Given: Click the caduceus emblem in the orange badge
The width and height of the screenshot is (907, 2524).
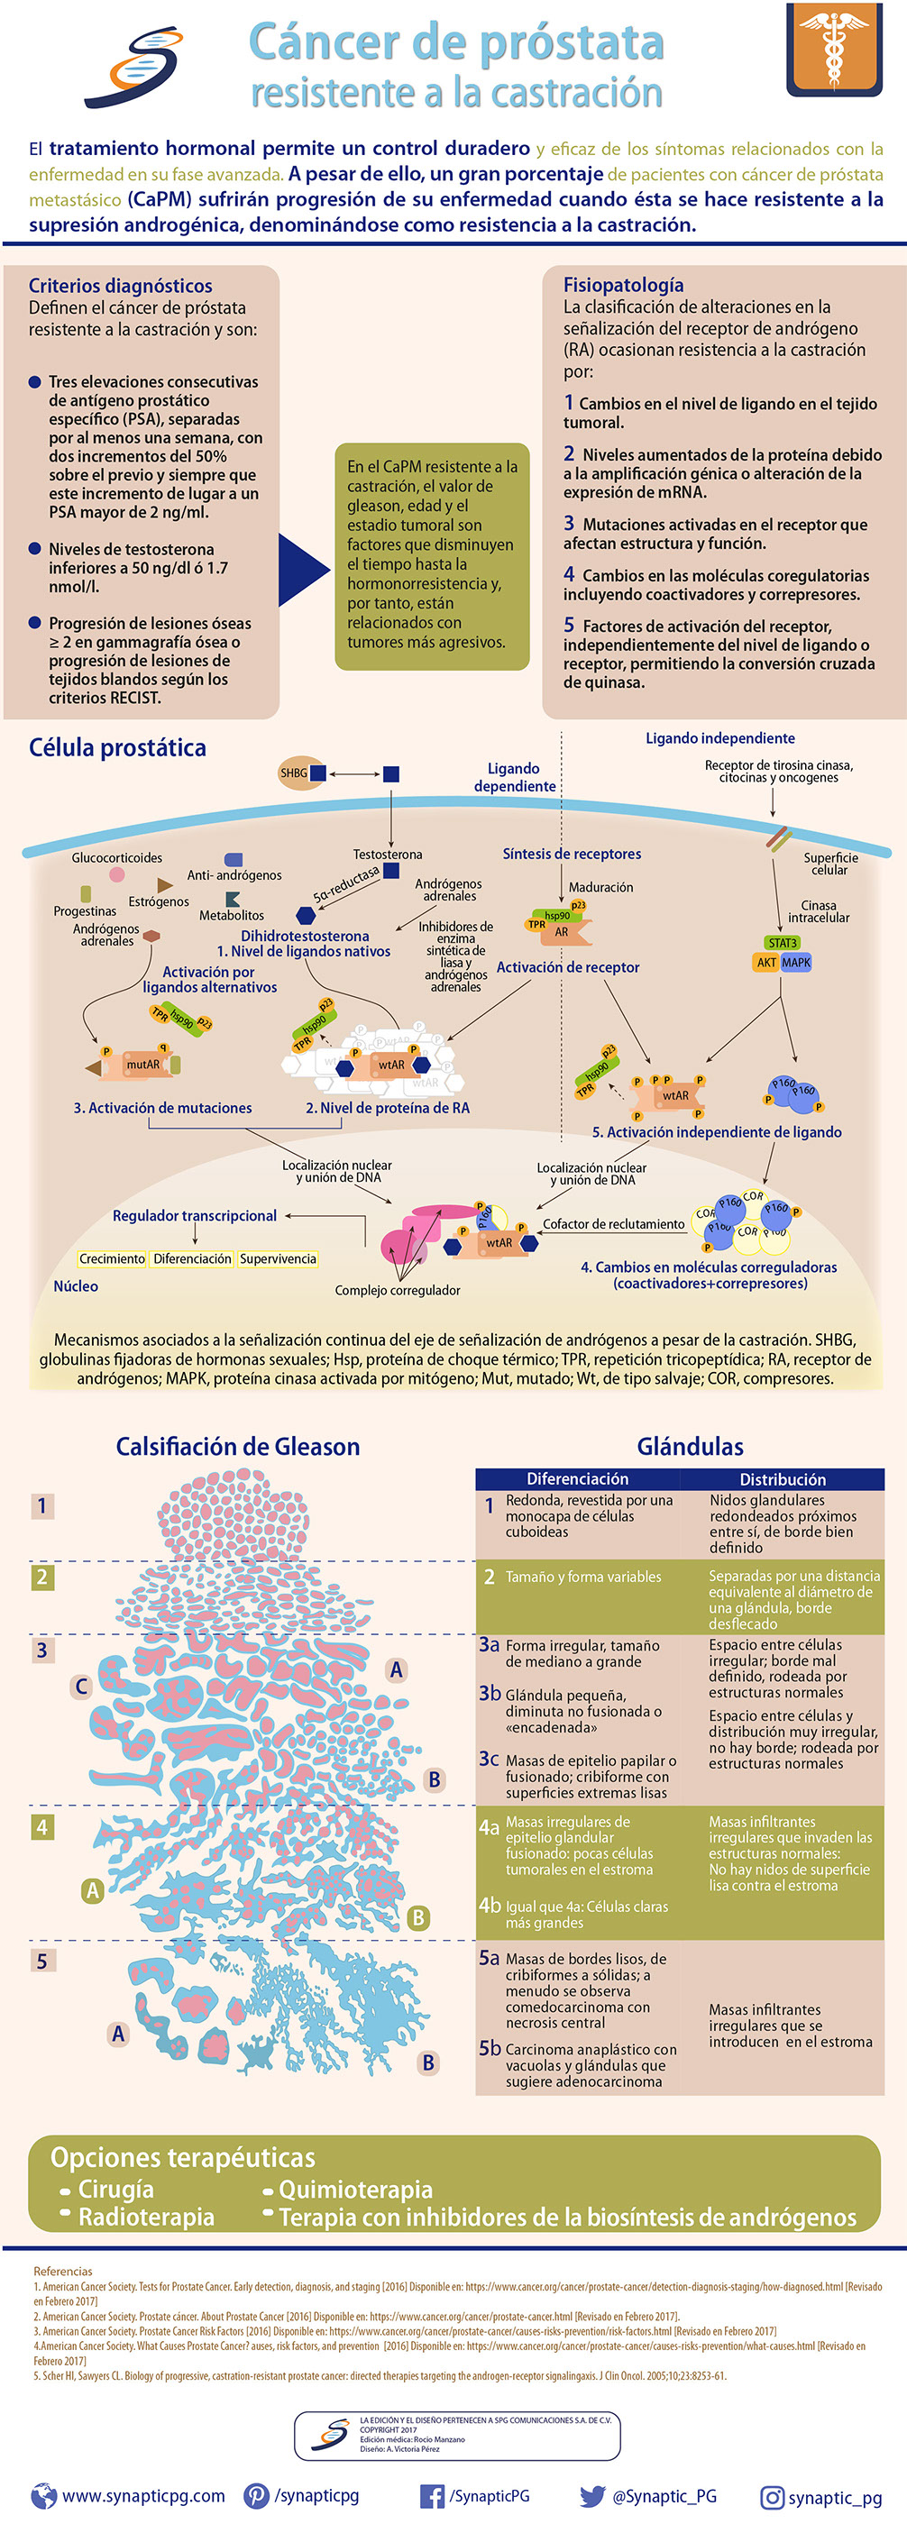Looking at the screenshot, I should point(834,48).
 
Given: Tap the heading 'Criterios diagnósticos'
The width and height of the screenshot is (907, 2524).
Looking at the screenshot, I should point(121,286).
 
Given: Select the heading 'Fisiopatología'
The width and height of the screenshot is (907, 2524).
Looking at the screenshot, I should point(623,285).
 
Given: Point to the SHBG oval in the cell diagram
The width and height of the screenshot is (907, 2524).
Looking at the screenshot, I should point(295,773).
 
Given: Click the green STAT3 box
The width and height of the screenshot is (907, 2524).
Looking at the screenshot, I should point(782,943).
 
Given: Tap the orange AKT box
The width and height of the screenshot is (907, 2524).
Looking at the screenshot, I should point(766,962).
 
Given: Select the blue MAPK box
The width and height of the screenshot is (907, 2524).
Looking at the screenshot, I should point(796,962).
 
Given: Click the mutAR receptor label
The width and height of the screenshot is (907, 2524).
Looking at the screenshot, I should point(143,1064).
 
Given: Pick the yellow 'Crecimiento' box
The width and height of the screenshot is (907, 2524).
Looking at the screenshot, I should point(112,1259).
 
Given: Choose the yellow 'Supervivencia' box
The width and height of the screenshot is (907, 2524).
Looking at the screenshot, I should point(279,1259).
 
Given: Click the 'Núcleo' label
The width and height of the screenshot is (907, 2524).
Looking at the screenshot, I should point(76,1286).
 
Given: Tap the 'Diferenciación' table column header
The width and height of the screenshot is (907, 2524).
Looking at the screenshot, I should point(578,1478).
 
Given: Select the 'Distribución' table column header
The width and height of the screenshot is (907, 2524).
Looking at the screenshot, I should point(783,1479).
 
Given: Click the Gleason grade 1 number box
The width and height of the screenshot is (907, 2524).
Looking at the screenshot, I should point(41,1506).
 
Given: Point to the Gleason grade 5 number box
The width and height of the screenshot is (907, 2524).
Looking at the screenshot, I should point(41,1961).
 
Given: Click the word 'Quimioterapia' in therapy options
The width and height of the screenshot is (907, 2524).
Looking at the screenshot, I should point(355,2190).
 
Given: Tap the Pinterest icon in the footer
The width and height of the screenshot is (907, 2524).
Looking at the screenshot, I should point(257,2495).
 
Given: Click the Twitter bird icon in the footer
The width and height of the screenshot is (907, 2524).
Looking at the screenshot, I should point(591,2495).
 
